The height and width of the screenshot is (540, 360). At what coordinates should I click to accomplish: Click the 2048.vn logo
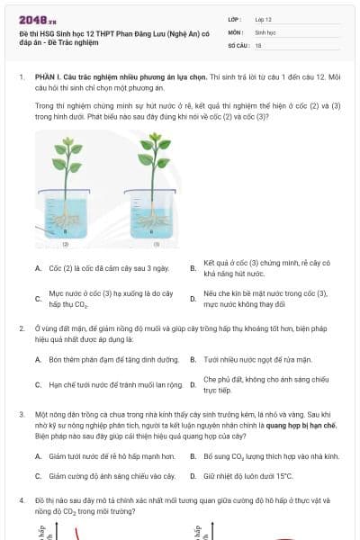[x=37, y=19]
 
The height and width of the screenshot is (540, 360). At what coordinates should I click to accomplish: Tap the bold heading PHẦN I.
[x=45, y=77]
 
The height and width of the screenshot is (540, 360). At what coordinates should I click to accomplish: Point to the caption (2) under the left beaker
[x=65, y=244]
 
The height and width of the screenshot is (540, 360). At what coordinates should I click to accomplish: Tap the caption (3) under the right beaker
[x=156, y=244]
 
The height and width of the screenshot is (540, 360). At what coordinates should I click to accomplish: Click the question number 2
[x=21, y=329]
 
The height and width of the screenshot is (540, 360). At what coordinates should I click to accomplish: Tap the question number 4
[x=21, y=499]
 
